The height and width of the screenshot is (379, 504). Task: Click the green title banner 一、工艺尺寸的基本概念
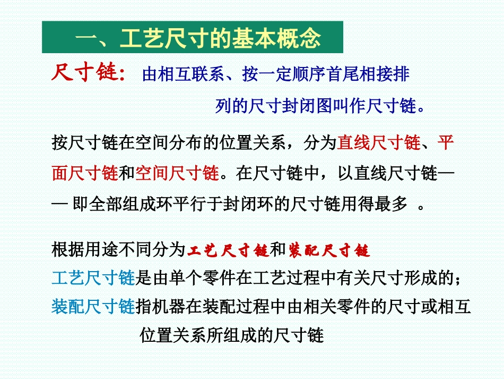192,38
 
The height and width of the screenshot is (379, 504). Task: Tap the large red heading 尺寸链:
88,73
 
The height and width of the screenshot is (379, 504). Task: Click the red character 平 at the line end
446,142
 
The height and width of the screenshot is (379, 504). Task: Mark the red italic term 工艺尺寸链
229,249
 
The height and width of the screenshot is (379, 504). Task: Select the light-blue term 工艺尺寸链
94,277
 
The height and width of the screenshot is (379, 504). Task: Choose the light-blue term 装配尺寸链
94,307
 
